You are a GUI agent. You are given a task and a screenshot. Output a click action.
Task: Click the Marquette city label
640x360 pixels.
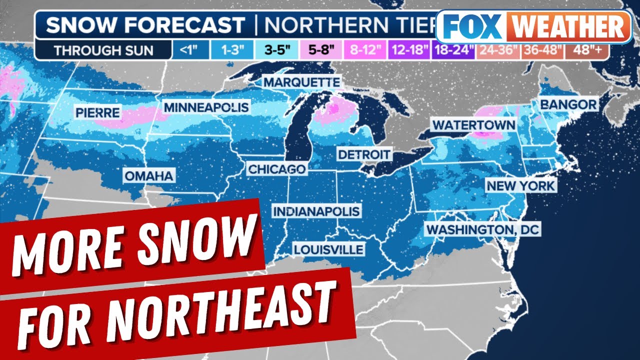point(301,81)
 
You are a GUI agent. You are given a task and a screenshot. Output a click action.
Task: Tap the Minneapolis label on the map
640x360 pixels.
point(206,107)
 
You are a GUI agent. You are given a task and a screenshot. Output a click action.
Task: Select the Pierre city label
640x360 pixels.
point(97,112)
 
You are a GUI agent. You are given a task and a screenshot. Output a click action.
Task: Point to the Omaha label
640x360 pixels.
point(149,176)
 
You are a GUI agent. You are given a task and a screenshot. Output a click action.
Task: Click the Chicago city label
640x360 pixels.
point(276,169)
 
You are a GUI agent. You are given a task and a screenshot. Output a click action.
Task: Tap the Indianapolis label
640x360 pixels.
point(316,211)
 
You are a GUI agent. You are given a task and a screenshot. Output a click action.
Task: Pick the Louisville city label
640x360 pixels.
point(328,249)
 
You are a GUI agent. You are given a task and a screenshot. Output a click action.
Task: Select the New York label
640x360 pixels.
point(521,186)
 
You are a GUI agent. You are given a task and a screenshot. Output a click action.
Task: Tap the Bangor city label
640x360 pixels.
point(568,104)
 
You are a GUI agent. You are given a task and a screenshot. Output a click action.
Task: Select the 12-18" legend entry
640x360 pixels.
point(411,50)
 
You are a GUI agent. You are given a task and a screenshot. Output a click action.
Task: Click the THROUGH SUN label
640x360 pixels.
point(103,50)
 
